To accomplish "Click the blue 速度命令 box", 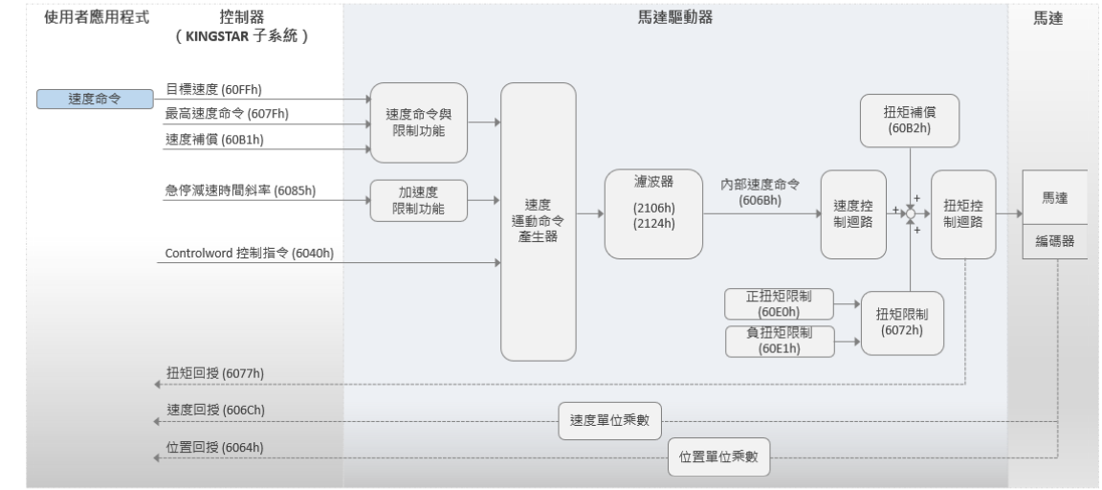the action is coord(95,100).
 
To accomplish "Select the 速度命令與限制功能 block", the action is coord(419,122).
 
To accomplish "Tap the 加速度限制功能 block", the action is coord(419,200).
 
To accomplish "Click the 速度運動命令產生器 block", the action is coord(539,221).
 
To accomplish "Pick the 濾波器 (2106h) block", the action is coord(653,213).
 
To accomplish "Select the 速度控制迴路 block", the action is coord(853,214).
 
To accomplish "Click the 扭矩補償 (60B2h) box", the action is coord(910,121).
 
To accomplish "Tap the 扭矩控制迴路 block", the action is coord(963,214).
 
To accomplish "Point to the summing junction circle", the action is coord(910,213).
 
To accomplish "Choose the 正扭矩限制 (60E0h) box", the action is coord(779,303).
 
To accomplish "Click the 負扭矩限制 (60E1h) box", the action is coord(780,341).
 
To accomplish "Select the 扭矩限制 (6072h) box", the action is coord(902,323).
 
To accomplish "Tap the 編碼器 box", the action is coord(1055,241).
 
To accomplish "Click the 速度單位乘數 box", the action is coord(610,421).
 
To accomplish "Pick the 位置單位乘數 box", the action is coord(719,457).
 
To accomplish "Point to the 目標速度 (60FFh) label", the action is coord(213,89).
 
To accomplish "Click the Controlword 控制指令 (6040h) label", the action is coord(250,253).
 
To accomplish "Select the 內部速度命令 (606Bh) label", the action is coord(760,192).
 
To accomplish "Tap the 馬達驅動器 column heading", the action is coord(675,17).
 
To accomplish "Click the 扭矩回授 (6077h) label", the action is coord(215,373).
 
